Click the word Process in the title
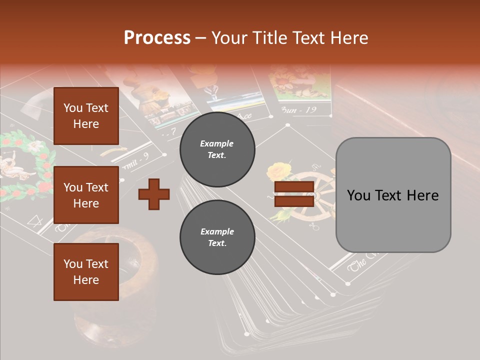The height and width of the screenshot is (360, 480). click(157, 38)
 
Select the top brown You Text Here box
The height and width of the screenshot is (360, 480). click(86, 116)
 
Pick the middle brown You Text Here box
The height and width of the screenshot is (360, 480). click(86, 195)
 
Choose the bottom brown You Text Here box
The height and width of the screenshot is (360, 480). click(86, 272)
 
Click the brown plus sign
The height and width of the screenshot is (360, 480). click(153, 194)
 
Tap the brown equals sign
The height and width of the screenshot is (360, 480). click(294, 194)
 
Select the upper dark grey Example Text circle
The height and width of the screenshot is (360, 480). click(217, 149)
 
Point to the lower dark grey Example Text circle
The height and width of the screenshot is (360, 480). click(217, 237)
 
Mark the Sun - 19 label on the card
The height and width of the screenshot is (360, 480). click(298, 109)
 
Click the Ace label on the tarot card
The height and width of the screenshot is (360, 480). click(243, 115)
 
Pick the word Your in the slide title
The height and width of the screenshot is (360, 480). click(232, 38)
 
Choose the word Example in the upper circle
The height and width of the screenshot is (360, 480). click(217, 143)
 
